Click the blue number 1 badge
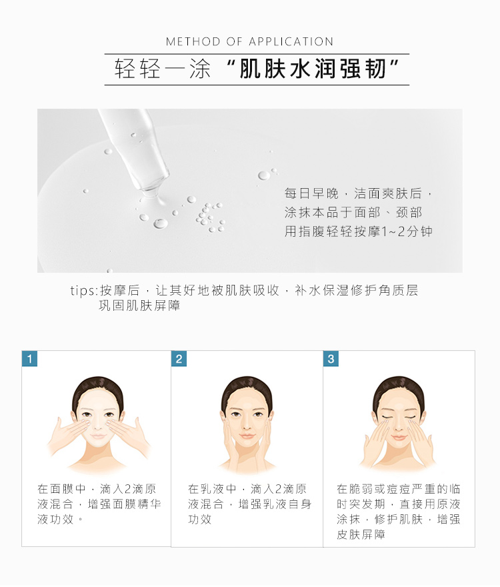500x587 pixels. (x=29, y=359)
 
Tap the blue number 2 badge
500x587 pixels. (x=179, y=359)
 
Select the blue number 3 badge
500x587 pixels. (x=331, y=359)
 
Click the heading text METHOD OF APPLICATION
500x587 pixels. (x=249, y=41)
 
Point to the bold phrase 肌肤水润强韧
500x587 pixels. (x=313, y=69)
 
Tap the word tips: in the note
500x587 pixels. (x=84, y=291)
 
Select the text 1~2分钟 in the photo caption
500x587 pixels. (x=407, y=231)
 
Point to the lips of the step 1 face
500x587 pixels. (x=98, y=436)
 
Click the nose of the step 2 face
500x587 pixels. (x=247, y=425)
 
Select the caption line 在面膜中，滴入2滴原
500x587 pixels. (x=97, y=489)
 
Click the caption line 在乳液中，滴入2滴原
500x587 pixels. (x=247, y=489)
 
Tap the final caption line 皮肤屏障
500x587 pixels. (x=361, y=534)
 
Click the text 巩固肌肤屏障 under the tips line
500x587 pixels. (x=139, y=306)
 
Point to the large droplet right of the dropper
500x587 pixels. (x=263, y=175)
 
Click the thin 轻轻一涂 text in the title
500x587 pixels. (x=163, y=69)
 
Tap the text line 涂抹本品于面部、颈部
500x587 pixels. (x=353, y=213)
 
